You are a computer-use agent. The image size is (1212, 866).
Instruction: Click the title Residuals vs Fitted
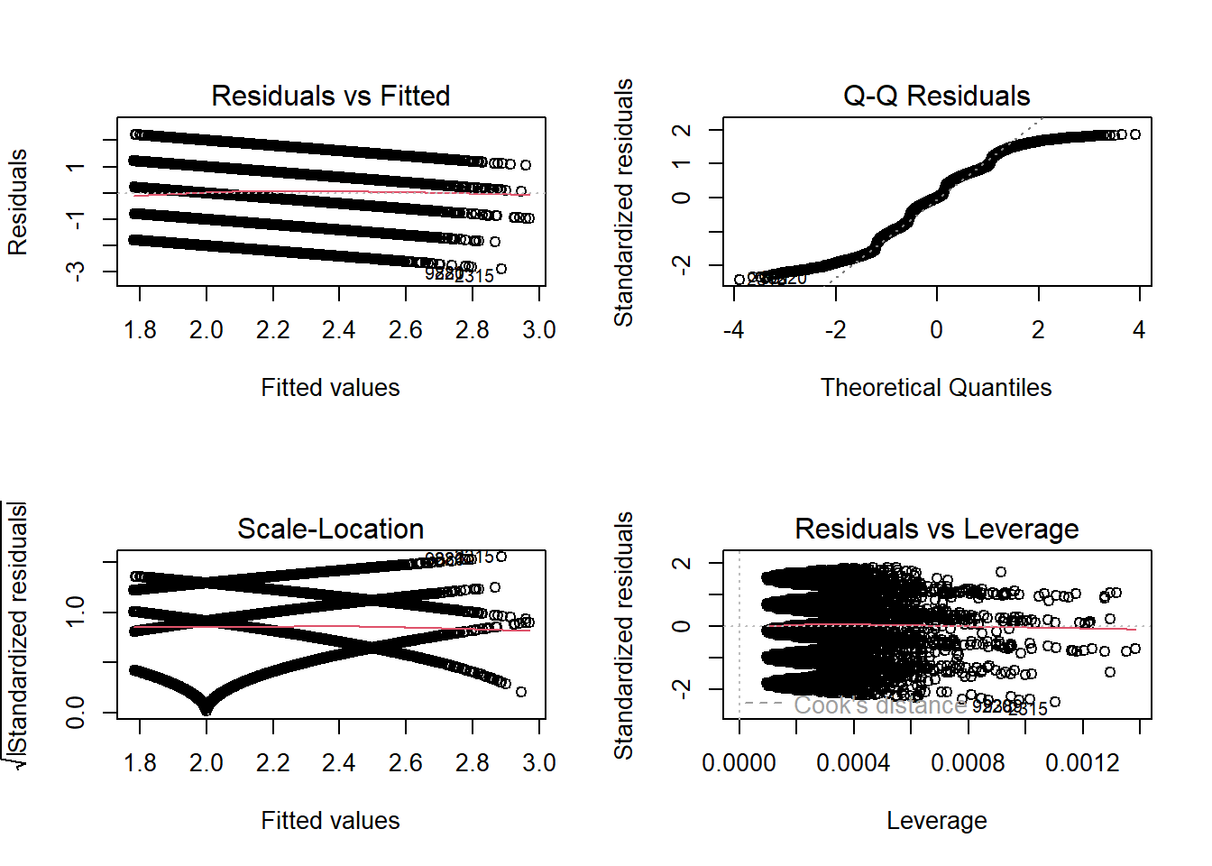330,96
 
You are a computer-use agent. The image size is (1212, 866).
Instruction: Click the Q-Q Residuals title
936,96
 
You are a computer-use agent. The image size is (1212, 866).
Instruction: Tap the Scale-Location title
330,529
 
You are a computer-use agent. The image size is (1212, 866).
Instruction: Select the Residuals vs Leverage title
936,529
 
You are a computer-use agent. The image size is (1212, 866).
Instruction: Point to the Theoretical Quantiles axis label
936,388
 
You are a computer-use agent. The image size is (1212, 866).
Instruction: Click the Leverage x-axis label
936,821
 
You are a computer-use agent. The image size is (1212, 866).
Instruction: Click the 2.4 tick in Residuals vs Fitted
339,330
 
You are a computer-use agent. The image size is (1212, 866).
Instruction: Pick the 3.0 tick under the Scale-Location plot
538,763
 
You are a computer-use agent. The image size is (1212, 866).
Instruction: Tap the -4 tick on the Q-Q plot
734,330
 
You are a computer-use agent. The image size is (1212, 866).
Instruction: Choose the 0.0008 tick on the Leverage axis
968,763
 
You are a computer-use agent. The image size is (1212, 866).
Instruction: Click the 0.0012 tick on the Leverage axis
1082,763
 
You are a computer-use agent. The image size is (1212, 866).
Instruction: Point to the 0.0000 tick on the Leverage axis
739,763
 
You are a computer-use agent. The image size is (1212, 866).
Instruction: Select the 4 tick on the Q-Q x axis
1139,330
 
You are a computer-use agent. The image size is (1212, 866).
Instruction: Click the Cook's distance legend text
879,705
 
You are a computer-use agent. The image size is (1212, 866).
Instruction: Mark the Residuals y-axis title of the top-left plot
18,202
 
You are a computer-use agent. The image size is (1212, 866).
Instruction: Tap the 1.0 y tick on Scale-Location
76,613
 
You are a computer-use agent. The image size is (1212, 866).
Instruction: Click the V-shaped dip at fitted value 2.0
207,708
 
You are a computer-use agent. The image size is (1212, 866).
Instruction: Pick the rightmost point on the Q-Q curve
1135,134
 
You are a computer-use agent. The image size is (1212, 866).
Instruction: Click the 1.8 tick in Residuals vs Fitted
140,330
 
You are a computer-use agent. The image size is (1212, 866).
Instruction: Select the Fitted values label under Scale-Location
330,821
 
